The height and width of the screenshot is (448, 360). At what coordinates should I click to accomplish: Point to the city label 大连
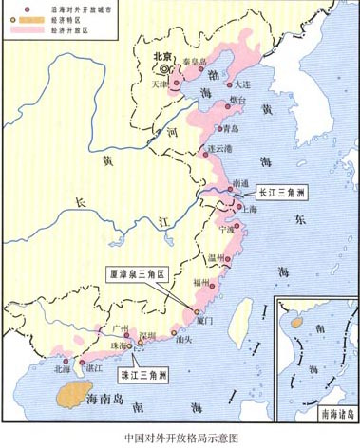239,85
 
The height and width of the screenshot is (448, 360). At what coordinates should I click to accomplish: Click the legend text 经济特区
48,19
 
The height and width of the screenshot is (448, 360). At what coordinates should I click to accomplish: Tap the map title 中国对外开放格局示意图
180,438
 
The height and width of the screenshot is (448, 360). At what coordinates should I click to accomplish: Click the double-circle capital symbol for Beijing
164,69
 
